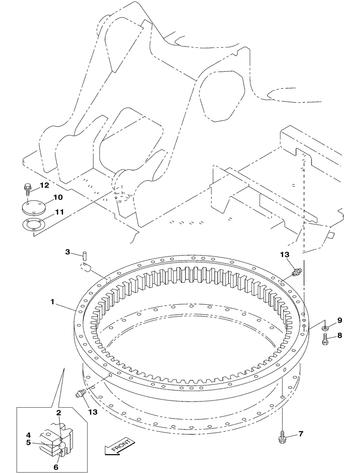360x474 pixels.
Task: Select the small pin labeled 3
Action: (84, 255)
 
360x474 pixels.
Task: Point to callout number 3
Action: (68, 252)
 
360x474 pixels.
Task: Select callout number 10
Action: (57, 197)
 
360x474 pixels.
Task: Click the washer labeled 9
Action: (325, 327)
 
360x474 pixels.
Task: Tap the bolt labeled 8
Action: (325, 339)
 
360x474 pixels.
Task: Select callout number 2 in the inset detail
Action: (59, 413)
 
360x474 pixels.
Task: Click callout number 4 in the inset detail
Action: (28, 435)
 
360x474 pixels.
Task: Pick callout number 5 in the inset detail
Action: (28, 443)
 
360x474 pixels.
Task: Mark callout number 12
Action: (57, 184)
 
